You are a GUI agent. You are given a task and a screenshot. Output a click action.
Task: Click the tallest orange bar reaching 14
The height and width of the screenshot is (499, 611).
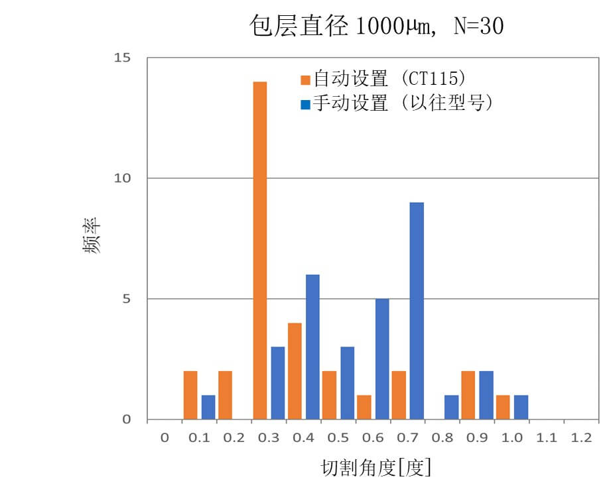[259, 250]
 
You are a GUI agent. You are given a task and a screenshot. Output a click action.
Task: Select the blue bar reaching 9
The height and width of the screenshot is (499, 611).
[417, 311]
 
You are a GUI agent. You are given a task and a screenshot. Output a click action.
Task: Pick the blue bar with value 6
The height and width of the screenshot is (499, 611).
[312, 347]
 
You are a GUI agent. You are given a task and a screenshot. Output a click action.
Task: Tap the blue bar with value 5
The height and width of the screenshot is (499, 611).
[382, 359]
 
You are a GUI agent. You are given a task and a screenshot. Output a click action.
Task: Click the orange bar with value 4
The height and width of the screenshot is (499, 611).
[295, 371]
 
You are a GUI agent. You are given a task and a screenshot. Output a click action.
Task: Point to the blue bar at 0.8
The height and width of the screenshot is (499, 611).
[451, 408]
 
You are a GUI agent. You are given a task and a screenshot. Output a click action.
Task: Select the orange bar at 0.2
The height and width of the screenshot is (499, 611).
[225, 395]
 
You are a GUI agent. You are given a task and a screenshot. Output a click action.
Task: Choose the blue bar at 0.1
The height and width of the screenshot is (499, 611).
[208, 408]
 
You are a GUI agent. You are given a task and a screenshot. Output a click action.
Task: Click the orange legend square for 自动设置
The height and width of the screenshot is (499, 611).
[305, 80]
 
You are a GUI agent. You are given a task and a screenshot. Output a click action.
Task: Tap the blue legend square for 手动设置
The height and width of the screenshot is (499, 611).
[305, 105]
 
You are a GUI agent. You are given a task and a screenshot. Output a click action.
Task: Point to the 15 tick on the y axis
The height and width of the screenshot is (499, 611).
[123, 58]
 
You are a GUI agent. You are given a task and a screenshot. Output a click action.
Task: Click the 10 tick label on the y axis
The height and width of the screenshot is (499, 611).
[123, 178]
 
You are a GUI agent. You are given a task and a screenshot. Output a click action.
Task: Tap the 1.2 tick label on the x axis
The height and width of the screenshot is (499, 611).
[581, 438]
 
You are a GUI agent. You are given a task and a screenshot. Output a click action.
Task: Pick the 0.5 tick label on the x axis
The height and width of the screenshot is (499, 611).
[338, 438]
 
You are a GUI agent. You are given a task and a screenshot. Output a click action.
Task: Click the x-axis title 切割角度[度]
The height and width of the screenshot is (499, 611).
[376, 468]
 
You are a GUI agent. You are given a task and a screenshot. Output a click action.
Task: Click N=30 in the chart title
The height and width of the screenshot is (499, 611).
[480, 27]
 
